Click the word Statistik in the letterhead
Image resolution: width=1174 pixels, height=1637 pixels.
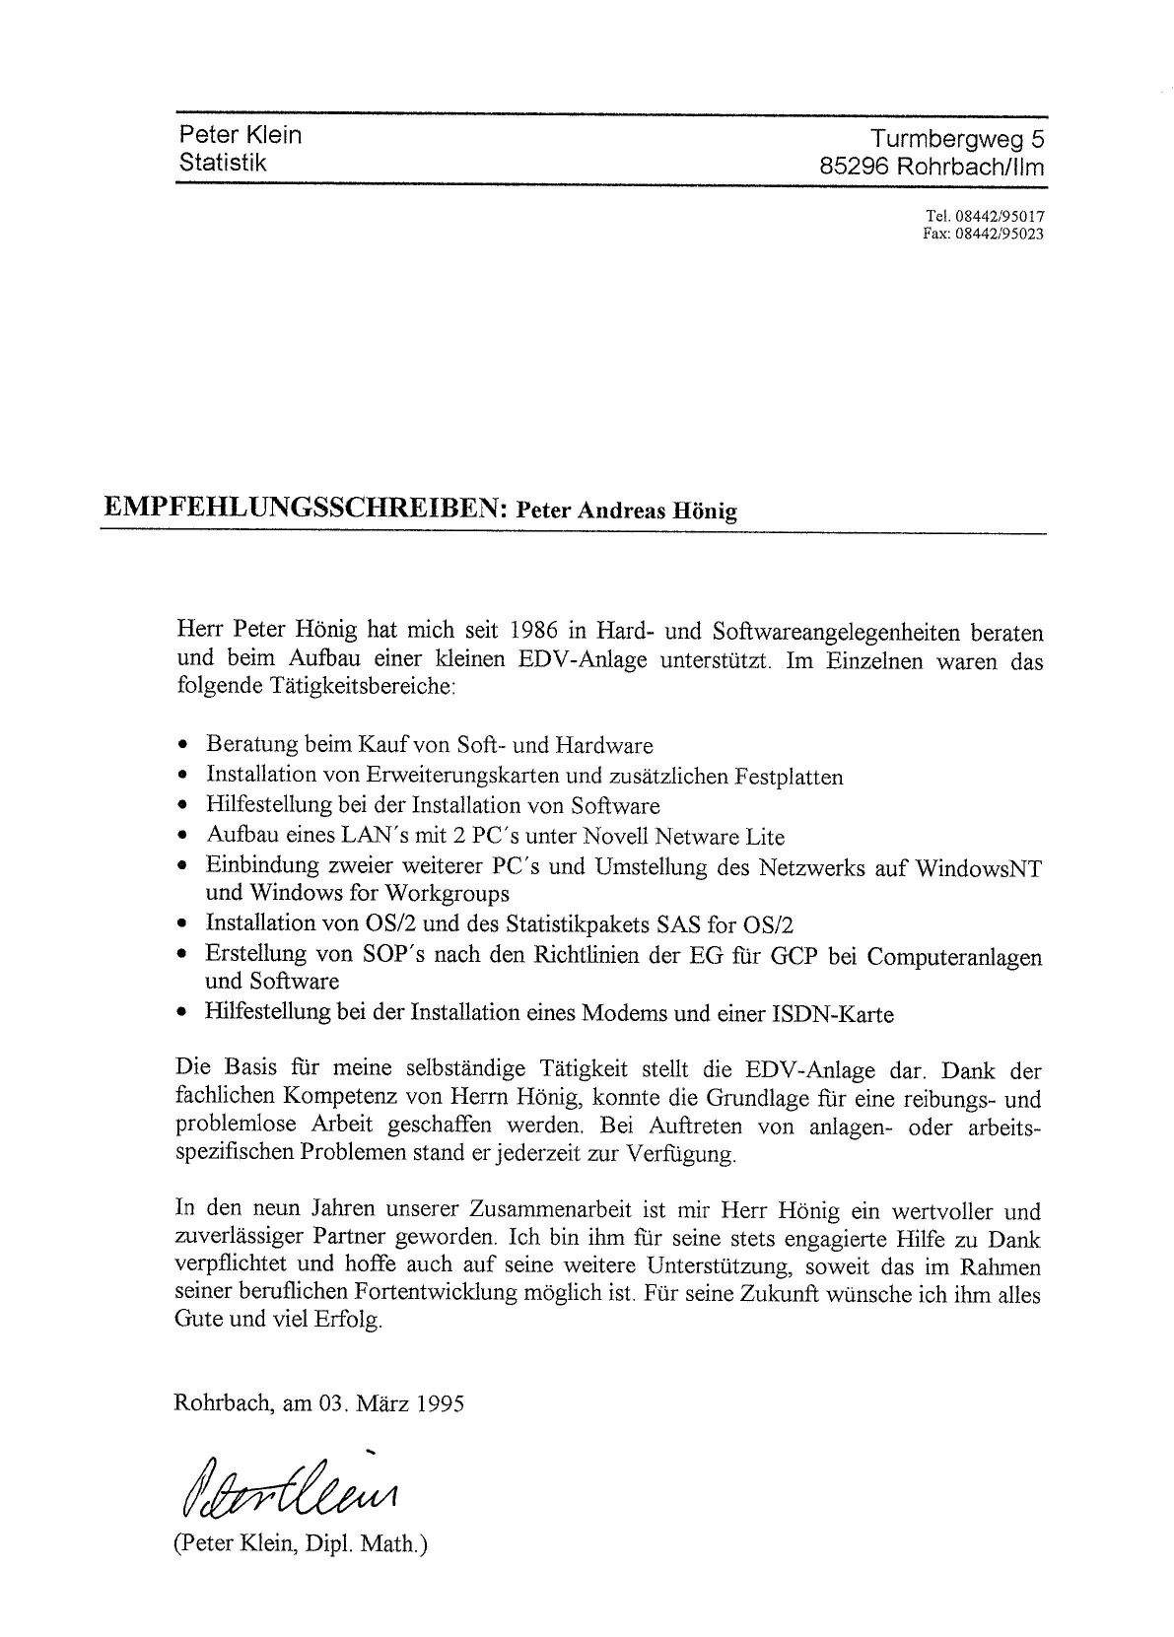click(x=223, y=162)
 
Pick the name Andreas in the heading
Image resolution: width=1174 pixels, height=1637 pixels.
click(x=639, y=512)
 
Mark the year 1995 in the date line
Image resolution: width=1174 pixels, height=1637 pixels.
click(x=440, y=1403)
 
